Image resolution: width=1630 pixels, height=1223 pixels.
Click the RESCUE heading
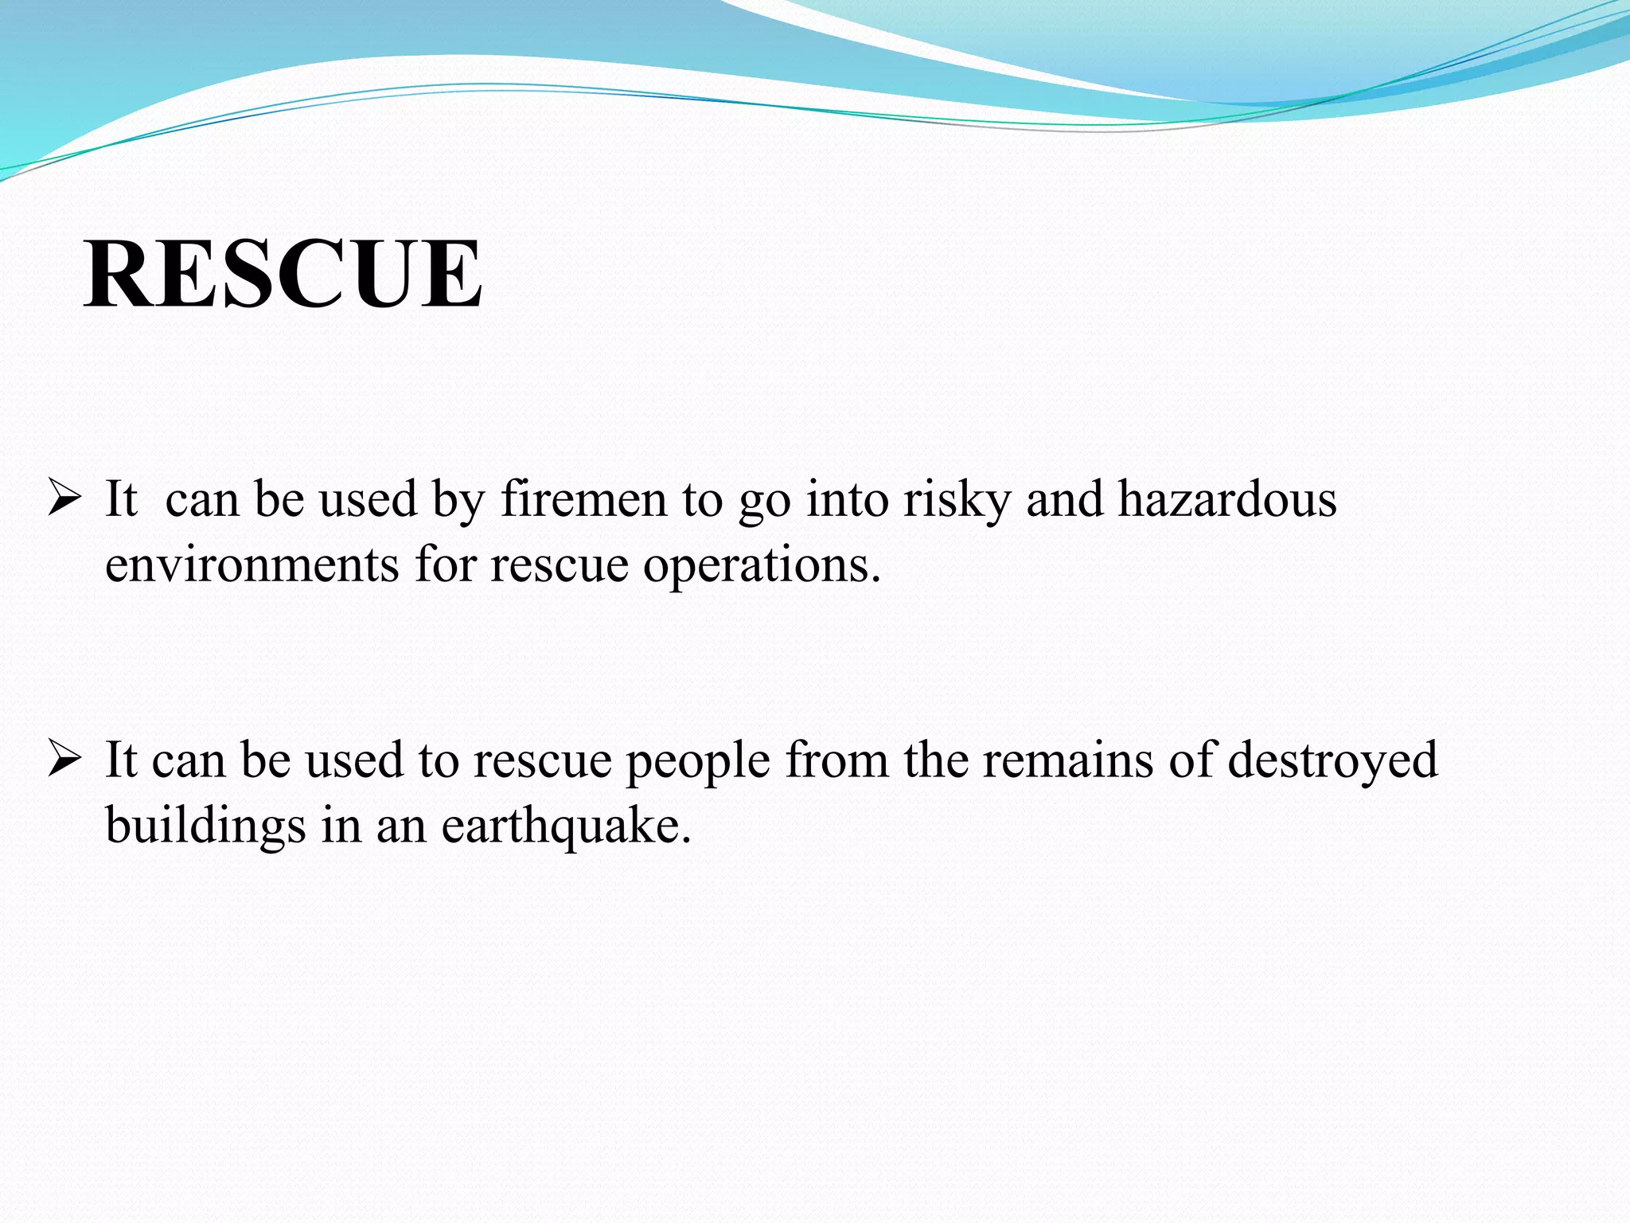(x=283, y=274)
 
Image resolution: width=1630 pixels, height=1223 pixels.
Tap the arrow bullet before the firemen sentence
(x=64, y=500)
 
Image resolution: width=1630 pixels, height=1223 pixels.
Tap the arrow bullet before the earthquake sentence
(x=64, y=760)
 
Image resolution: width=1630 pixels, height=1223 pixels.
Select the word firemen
(x=583, y=500)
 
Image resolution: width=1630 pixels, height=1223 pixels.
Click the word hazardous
(x=1226, y=500)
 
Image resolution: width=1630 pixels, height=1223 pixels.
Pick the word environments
(x=252, y=565)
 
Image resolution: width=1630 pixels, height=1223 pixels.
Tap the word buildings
(x=205, y=826)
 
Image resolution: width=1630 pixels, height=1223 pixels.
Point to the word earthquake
(x=566, y=826)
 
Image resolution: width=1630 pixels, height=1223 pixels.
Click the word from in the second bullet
(x=836, y=760)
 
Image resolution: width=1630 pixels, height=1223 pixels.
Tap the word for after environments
(x=445, y=565)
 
